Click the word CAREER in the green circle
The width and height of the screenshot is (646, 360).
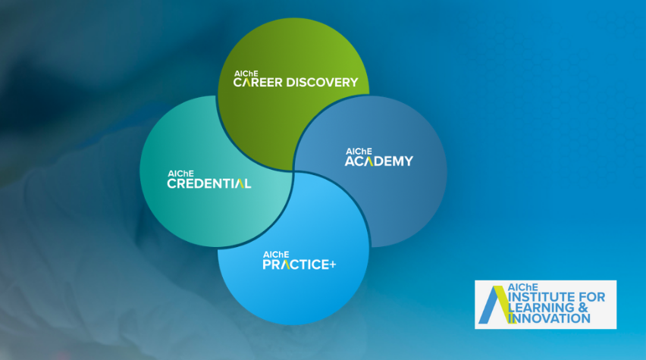(x=258, y=83)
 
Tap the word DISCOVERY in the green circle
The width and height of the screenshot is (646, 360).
(x=322, y=83)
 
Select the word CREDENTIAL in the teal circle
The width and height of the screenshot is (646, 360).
(x=209, y=183)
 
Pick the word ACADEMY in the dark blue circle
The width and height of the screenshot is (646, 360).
(x=379, y=161)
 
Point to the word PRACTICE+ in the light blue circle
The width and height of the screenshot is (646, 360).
(x=299, y=265)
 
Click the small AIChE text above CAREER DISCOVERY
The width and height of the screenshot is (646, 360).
(x=246, y=74)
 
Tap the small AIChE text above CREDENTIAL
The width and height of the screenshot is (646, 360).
(x=180, y=174)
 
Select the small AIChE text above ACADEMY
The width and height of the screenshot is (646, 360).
(x=359, y=152)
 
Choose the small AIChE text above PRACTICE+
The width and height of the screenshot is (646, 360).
(x=276, y=255)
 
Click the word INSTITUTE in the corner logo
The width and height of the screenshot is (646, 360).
(x=542, y=297)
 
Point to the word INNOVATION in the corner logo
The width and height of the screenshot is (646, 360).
(x=549, y=318)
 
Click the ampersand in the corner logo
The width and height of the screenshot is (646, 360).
(x=583, y=308)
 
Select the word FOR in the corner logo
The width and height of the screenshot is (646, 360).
(x=592, y=297)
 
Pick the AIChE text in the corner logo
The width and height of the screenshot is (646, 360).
(x=523, y=287)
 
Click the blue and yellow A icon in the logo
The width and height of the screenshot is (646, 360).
(x=497, y=305)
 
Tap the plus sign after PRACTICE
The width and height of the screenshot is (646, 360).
(x=332, y=265)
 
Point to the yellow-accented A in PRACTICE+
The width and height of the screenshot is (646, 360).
(x=284, y=265)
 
